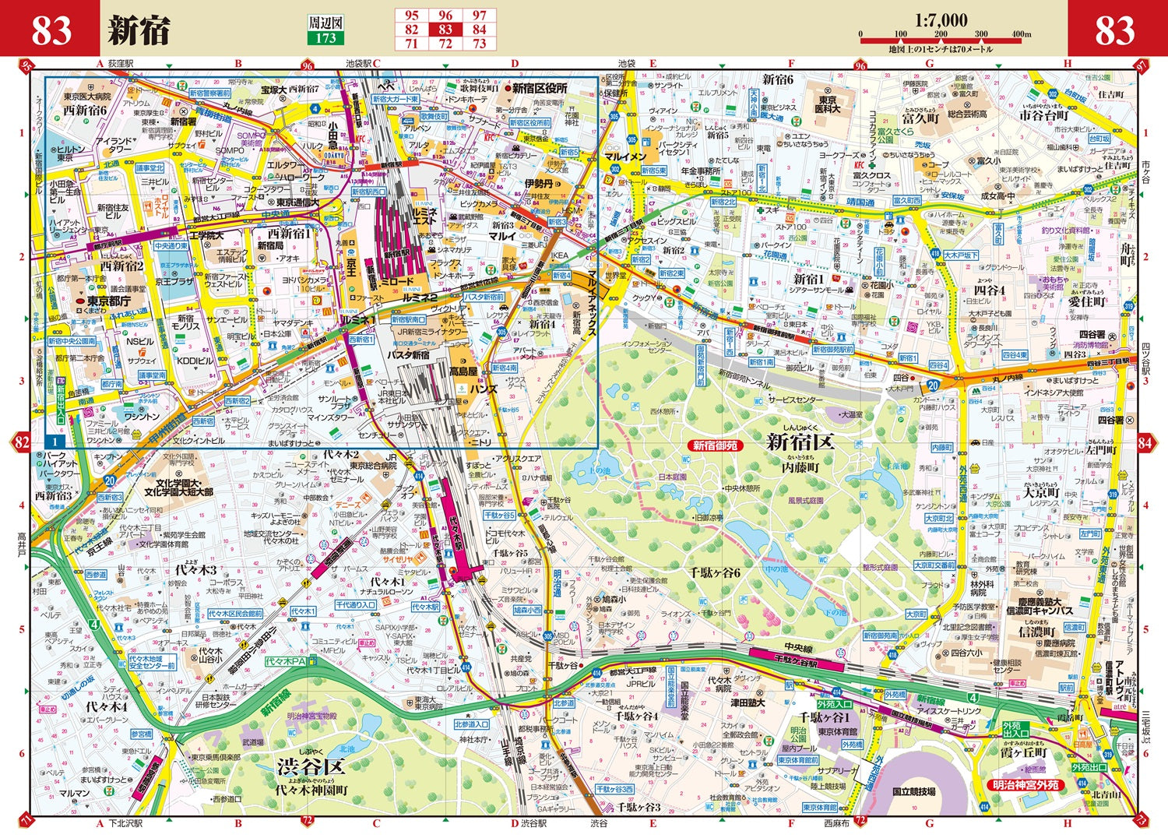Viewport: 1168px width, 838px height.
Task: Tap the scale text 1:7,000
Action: point(941,20)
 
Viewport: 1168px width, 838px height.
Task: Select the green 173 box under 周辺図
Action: point(325,38)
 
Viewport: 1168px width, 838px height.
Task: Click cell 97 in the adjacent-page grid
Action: point(479,16)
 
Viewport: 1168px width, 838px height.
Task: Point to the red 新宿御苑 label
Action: point(715,445)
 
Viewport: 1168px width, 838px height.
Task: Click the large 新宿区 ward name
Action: point(800,442)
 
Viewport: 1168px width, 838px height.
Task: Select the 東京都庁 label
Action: point(109,301)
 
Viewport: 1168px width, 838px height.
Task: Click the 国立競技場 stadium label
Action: point(913,791)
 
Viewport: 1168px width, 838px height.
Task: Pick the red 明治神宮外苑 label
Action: point(1025,785)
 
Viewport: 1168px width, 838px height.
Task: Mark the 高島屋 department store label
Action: point(463,372)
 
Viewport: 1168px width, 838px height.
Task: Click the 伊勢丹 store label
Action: point(538,184)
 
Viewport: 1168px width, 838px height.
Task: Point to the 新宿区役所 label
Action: point(540,89)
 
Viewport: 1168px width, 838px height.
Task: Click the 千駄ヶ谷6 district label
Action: point(714,572)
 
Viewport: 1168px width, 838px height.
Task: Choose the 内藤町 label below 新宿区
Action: point(800,467)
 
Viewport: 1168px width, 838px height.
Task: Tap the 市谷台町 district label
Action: point(1044,115)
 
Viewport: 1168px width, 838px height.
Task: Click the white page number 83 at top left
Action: point(51,30)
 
